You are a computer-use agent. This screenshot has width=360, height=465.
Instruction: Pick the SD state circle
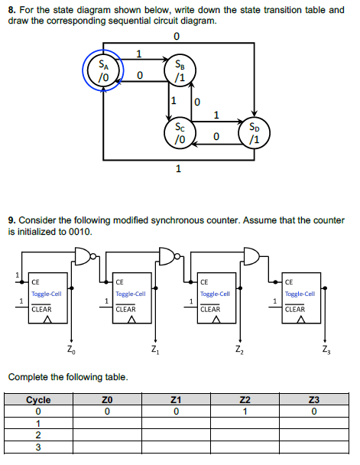click(x=255, y=134)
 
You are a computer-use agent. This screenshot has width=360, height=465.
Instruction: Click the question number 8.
click(x=11, y=10)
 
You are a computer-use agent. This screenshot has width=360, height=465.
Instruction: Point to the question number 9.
click(x=11, y=220)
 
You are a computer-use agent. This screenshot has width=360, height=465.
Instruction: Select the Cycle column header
click(x=38, y=400)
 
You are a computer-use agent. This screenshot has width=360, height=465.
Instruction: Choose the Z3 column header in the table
click(x=313, y=400)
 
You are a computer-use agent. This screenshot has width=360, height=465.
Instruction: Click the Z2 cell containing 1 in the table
click(x=245, y=412)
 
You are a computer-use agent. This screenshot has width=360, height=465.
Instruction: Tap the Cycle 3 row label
click(x=38, y=448)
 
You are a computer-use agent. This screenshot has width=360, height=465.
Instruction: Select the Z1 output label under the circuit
click(x=155, y=351)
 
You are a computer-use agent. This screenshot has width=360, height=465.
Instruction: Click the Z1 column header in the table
click(x=176, y=400)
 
